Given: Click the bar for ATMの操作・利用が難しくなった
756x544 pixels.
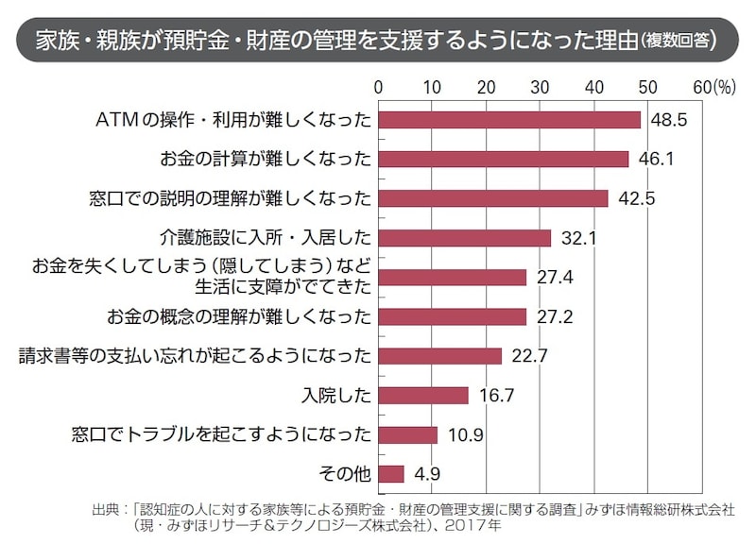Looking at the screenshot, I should (509, 120).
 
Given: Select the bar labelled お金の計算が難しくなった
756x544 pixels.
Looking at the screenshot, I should (503, 159).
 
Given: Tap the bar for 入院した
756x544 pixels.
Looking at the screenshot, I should (423, 395).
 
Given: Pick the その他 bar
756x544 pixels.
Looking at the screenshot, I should (391, 473).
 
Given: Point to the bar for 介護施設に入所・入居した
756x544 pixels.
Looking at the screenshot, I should (465, 238).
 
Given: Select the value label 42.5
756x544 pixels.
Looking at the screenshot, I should (636, 198).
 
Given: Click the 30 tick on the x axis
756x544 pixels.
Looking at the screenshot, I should (541, 87).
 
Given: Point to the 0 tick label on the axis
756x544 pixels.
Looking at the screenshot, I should (379, 87).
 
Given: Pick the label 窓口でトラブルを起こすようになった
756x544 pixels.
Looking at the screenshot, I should (223, 434).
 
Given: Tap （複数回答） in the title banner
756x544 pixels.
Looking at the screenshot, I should (677, 42).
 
